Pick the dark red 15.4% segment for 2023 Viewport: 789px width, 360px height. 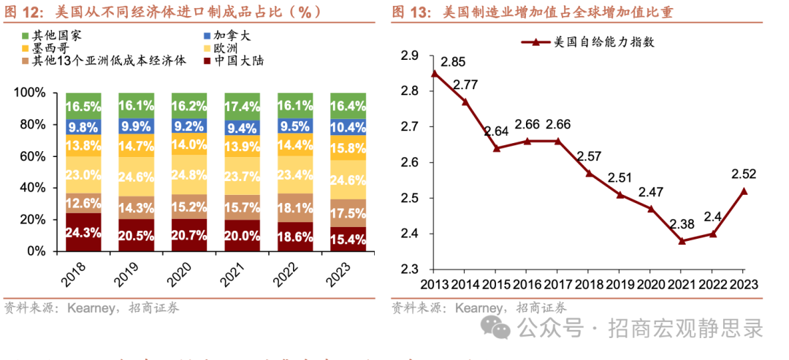pos(348,239)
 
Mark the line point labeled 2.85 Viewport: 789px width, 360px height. pos(434,73)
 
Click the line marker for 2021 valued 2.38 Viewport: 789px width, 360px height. pos(682,240)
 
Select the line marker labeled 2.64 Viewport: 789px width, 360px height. pos(496,148)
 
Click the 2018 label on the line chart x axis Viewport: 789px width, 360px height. pos(590,285)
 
